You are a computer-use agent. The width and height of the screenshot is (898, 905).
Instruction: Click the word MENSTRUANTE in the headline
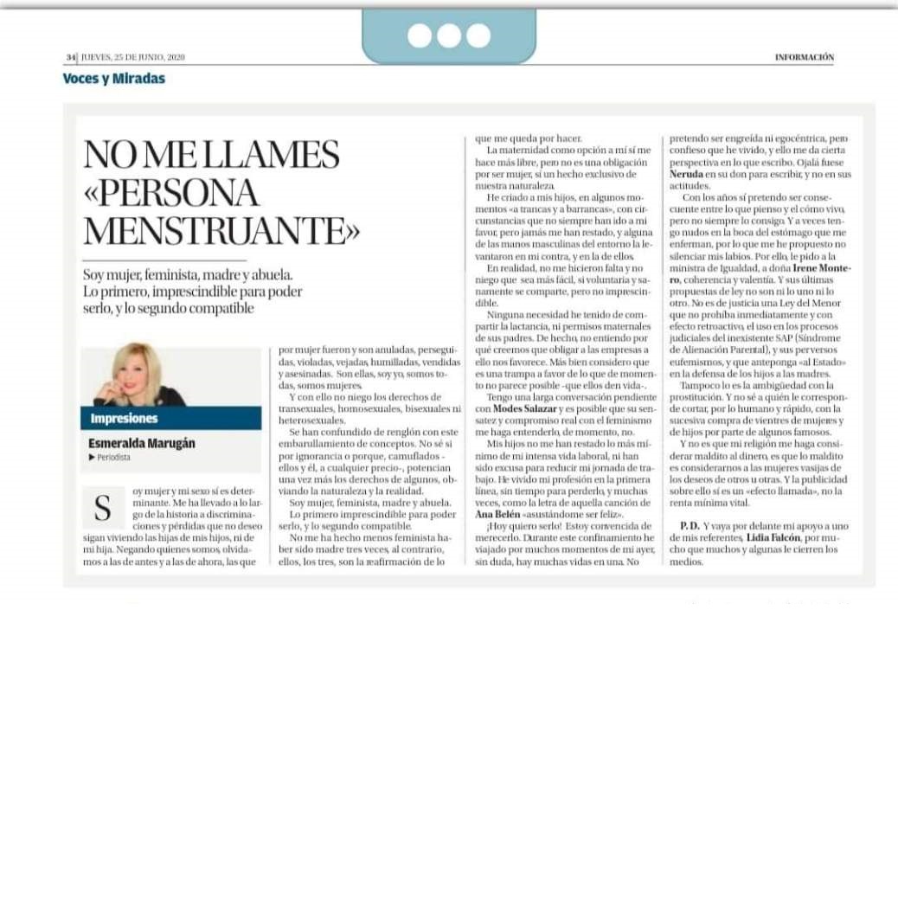[x=221, y=230]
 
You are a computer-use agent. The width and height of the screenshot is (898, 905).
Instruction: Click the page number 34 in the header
[x=70, y=57]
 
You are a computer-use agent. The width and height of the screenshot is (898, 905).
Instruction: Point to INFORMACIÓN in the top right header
[x=804, y=57]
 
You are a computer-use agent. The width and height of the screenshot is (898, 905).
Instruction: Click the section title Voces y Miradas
[x=113, y=79]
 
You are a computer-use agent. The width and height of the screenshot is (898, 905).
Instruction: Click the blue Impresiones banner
[x=170, y=419]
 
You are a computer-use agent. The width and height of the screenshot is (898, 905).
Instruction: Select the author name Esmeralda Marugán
[x=141, y=444]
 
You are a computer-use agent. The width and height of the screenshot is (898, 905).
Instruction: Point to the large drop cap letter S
[x=102, y=507]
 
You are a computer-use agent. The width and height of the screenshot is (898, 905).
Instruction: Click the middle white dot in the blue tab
[x=449, y=35]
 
